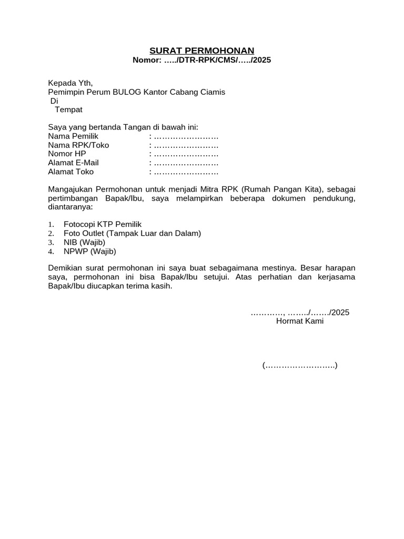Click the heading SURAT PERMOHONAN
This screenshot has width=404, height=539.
tap(201, 51)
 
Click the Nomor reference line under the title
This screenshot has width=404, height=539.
tap(201, 60)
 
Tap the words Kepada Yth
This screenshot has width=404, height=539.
tap(70, 83)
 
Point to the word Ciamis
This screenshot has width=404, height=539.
tap(211, 92)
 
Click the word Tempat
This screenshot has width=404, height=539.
tap(68, 109)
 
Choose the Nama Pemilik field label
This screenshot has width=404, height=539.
tap(73, 136)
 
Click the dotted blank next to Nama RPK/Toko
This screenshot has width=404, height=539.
tap(186, 145)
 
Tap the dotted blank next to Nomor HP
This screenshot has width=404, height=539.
tap(186, 154)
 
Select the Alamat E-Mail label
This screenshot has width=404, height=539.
tap(73, 163)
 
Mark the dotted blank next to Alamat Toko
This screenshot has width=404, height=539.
tap(186, 172)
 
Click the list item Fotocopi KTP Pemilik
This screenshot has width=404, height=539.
tap(103, 224)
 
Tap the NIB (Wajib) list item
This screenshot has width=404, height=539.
tap(84, 242)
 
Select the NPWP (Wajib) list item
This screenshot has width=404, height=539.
tap(89, 251)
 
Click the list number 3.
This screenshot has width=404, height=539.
tap(51, 242)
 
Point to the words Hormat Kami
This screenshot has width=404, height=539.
tap(300, 321)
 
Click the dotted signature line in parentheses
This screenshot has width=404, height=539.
tap(300, 365)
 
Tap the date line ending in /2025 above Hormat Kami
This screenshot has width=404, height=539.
tap(300, 312)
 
